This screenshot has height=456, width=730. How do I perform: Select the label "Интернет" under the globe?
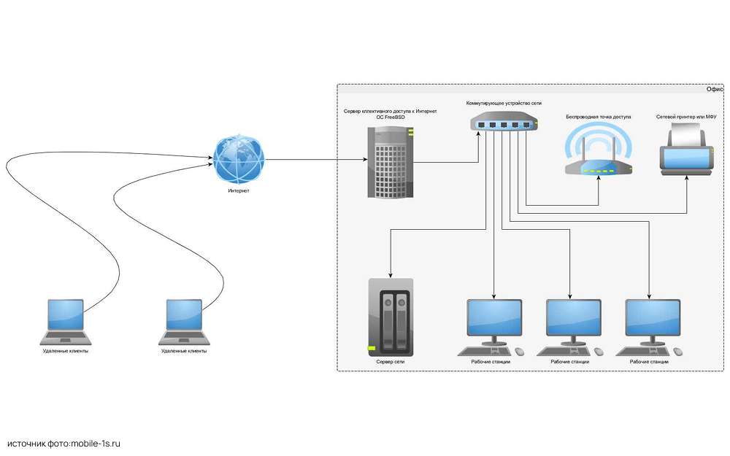click(239, 191)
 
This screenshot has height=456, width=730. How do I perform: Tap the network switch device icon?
click(504, 123)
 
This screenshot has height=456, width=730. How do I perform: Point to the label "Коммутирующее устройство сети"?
click(504, 104)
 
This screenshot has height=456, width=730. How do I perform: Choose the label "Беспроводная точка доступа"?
click(598, 117)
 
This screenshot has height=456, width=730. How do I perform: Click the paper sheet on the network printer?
click(686, 134)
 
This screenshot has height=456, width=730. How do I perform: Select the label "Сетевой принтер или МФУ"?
click(685, 117)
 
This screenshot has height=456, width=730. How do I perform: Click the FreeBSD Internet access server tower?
click(390, 162)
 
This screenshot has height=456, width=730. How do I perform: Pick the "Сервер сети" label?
click(390, 361)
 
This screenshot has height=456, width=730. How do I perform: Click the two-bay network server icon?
click(391, 314)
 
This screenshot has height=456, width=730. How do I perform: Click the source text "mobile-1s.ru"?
click(94, 443)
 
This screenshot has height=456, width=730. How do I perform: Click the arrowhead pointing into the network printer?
click(686, 179)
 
